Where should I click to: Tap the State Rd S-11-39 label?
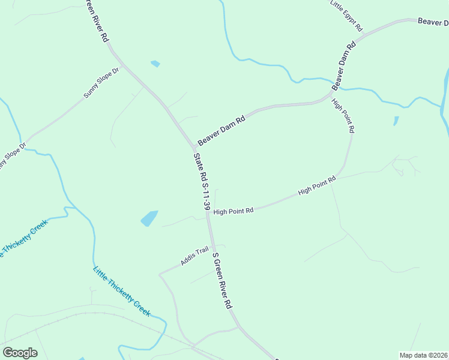tap(202, 181)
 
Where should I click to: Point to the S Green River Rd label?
tap(222, 280)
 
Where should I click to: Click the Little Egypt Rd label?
tap(347, 15)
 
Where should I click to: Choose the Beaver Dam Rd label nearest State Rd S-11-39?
tap(222, 129)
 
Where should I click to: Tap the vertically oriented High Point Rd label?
tap(343, 115)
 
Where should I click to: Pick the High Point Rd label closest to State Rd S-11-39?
tap(234, 211)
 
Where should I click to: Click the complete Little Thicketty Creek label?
tap(121, 290)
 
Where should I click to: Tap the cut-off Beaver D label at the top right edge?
tap(433, 22)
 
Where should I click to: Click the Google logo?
tap(20, 353)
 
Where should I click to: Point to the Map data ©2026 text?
tap(423, 355)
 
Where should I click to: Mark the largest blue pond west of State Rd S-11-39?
tap(149, 218)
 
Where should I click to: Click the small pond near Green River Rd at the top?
tap(155, 63)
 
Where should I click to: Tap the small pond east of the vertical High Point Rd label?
tap(396, 121)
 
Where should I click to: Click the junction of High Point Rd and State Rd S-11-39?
tap(208, 212)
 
